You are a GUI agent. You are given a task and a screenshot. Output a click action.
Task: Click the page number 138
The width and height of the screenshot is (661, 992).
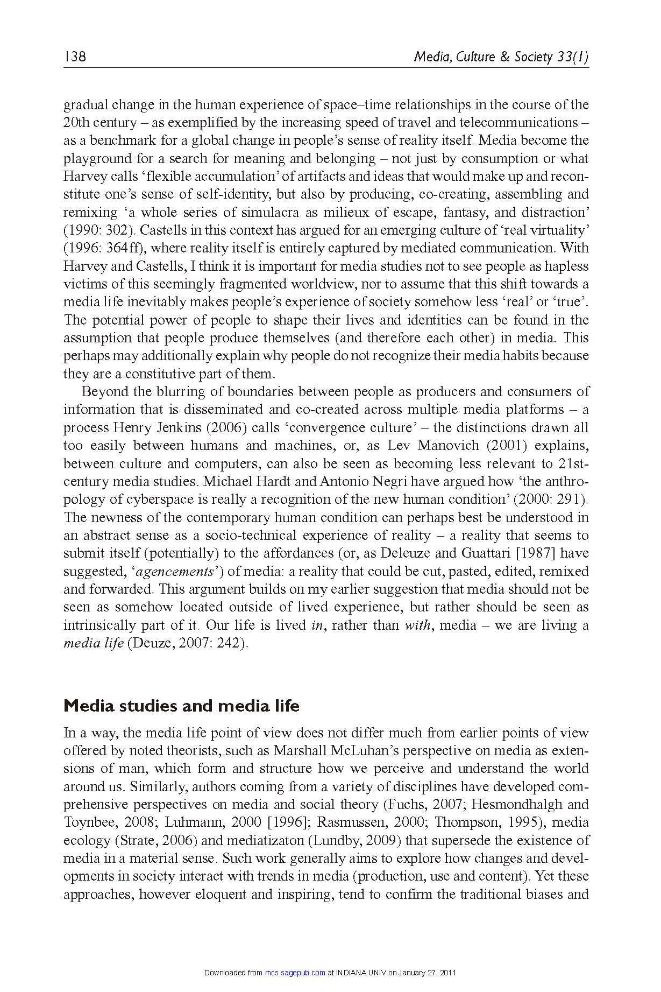click(75, 57)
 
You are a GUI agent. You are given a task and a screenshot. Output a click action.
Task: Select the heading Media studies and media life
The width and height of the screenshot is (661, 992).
click(181, 706)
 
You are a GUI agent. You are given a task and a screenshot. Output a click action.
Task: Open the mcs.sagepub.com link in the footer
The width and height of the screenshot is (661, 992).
click(295, 973)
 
